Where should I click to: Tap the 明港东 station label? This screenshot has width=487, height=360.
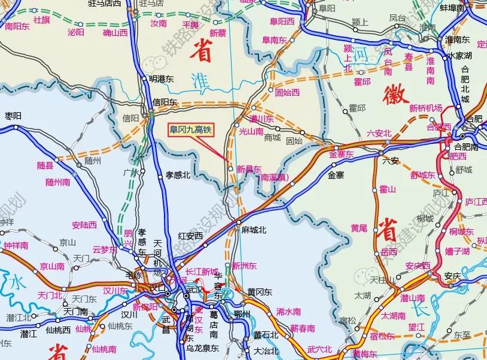[x=160, y=78]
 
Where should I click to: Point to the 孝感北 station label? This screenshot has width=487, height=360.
[x=177, y=175]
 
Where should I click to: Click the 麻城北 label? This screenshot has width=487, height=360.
[x=254, y=229]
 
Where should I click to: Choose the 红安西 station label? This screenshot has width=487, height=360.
[x=191, y=236]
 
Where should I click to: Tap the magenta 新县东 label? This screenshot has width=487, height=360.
[x=248, y=168]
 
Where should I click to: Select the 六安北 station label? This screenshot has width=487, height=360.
[x=379, y=133]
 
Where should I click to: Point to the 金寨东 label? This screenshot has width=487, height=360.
[x=341, y=154]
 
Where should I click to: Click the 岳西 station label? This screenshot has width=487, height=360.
[x=388, y=253]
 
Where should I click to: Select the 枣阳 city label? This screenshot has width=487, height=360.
[x=13, y=116]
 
